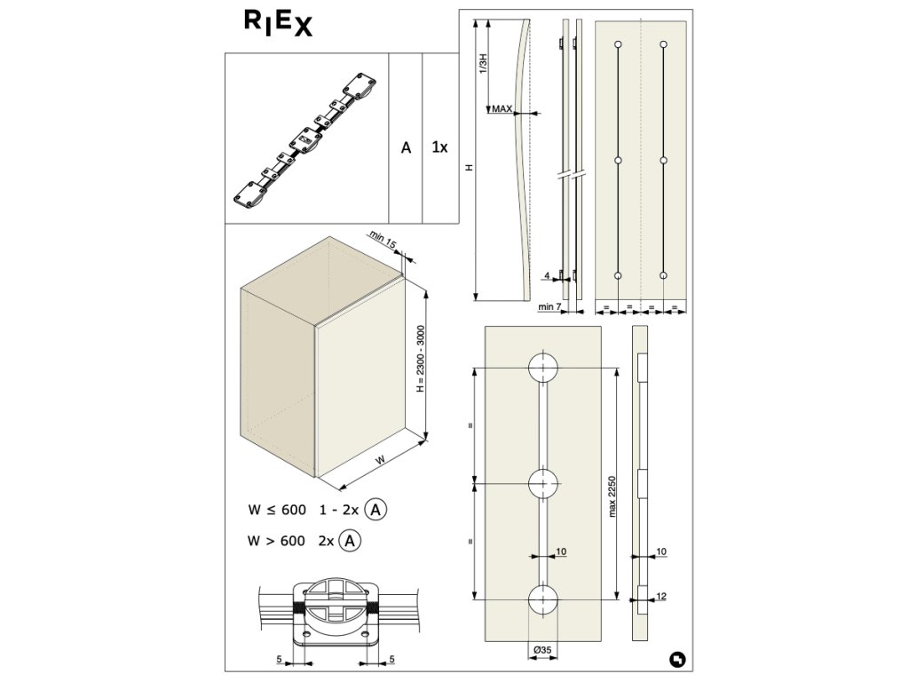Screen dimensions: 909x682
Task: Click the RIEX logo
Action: (278, 23)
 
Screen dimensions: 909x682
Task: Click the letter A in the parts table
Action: (406, 148)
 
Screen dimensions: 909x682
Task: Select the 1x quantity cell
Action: (439, 147)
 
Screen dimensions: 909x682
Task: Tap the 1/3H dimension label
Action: (482, 63)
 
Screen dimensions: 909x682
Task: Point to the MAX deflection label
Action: (502, 108)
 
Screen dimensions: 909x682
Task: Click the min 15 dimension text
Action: (383, 239)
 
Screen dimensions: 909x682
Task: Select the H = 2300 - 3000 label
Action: (422, 359)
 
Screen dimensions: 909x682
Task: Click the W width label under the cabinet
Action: (380, 460)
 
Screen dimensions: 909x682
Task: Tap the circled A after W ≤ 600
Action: (376, 510)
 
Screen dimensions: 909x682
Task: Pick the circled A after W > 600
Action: (350, 541)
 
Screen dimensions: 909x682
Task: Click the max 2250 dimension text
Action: (613, 496)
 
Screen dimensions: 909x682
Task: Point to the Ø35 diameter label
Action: (541, 650)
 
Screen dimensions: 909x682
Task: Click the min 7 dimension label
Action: (549, 306)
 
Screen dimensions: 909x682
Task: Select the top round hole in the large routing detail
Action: (542, 369)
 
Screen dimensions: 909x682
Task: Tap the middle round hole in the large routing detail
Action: (542, 483)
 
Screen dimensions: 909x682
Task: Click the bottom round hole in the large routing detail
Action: (542, 599)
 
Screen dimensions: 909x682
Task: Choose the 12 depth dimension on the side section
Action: (661, 596)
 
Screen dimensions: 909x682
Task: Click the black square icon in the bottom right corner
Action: (677, 660)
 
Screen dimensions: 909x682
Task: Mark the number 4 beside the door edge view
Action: (547, 276)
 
